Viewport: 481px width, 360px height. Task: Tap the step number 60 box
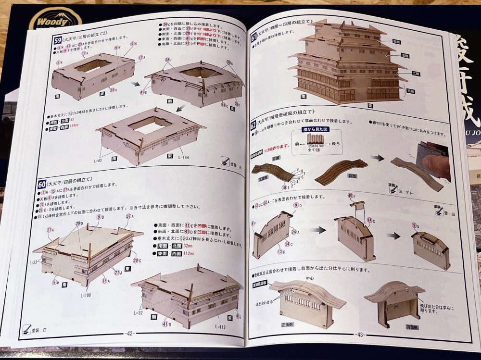pyautogui.click(x=42, y=184)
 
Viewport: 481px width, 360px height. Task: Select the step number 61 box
pyautogui.click(x=254, y=35)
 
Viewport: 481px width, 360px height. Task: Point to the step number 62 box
pyautogui.click(x=253, y=125)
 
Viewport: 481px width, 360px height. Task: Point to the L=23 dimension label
pyautogui.click(x=33, y=262)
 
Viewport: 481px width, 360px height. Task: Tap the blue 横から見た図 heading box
pyautogui.click(x=315, y=130)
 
